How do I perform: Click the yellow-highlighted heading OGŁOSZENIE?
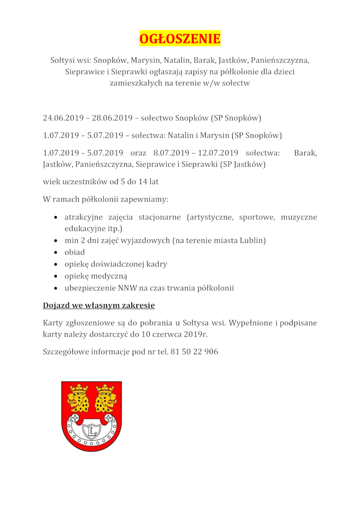[x=180, y=39]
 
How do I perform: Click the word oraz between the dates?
[x=138, y=153]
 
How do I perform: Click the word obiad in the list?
[x=74, y=252]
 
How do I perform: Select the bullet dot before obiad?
[x=55, y=252]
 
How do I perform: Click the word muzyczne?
[x=299, y=217]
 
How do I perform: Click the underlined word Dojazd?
[x=55, y=306]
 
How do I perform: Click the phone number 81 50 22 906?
[x=194, y=352]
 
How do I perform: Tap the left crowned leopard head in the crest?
[x=78, y=399]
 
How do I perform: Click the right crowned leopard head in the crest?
[x=105, y=399]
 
